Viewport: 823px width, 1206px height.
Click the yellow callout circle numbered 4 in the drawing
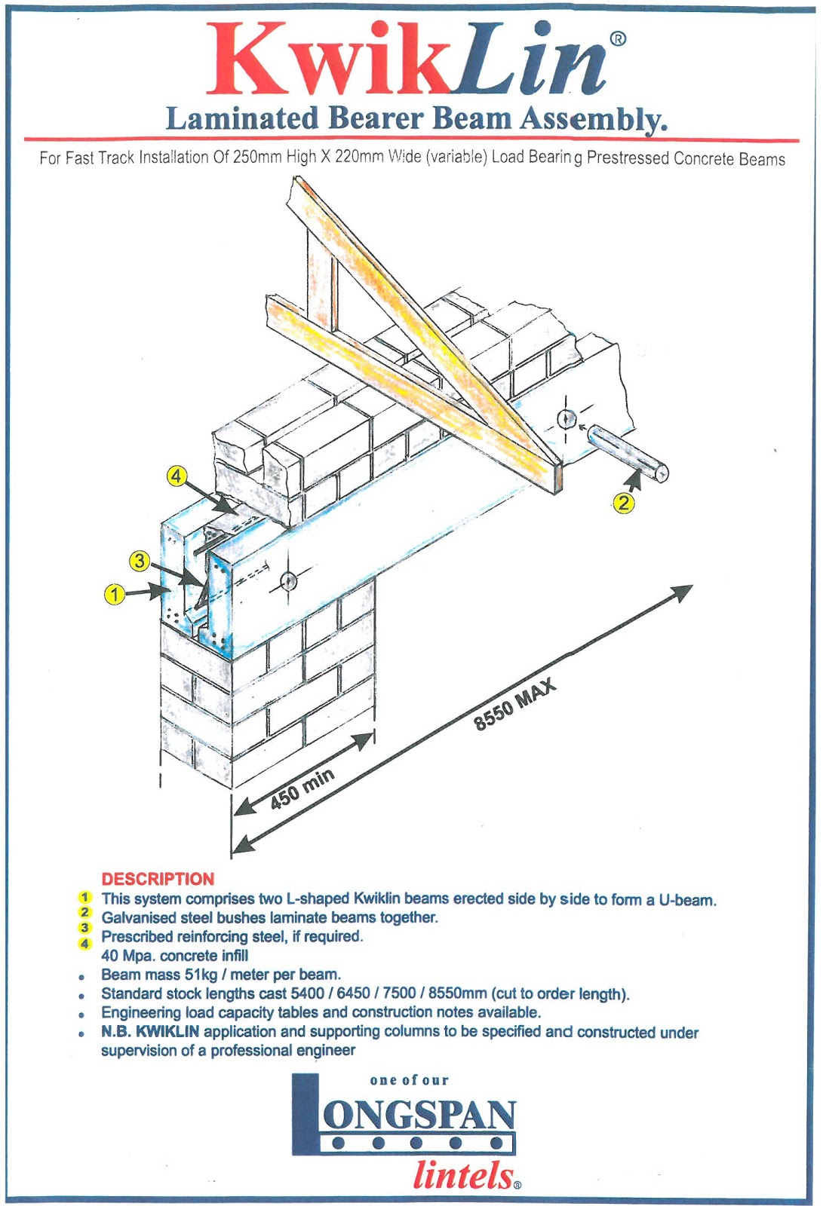177,476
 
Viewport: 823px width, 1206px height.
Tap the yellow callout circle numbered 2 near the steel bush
624,503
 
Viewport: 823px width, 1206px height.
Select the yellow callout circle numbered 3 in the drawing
139,560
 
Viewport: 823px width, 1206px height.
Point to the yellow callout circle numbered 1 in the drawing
114,594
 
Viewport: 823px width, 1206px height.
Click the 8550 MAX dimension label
514,704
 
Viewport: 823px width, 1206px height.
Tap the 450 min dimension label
302,789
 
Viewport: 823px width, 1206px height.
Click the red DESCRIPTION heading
158,879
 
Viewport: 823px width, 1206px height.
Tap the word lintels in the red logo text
464,1176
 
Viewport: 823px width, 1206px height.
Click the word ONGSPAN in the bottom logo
419,1116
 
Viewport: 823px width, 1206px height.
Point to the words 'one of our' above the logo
409,1080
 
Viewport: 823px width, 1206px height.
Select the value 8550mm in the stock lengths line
457,993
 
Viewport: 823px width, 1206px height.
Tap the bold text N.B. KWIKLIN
150,1031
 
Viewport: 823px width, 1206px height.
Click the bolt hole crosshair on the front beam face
289,581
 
